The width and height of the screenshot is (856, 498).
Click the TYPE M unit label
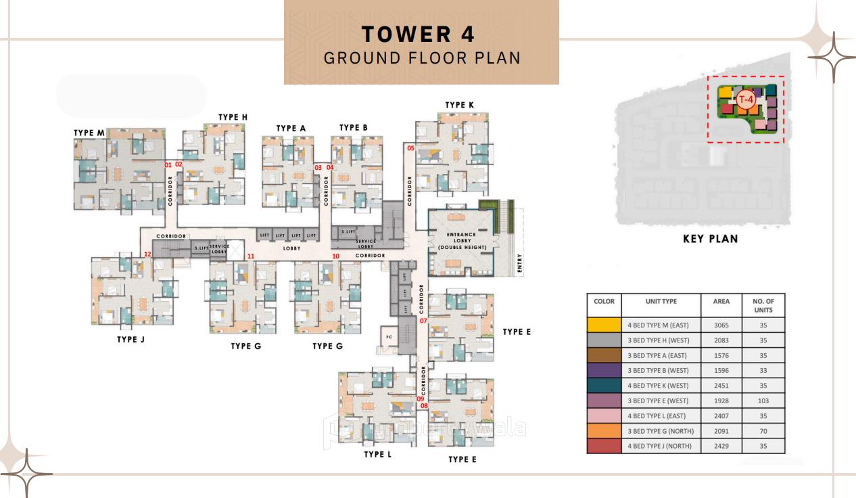pyautogui.click(x=89, y=133)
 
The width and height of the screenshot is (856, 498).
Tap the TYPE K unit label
pyautogui.click(x=459, y=105)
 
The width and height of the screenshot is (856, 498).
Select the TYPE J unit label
pyautogui.click(x=130, y=340)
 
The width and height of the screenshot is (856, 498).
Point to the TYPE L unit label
pyautogui.click(x=377, y=455)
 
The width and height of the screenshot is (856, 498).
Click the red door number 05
pyautogui.click(x=410, y=148)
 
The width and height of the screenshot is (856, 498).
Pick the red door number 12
pyautogui.click(x=147, y=254)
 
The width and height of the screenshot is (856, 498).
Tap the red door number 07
pyautogui.click(x=423, y=321)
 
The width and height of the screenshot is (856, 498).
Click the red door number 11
pyautogui.click(x=251, y=256)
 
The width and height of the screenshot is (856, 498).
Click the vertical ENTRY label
pyautogui.click(x=520, y=263)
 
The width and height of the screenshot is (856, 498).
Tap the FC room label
pyautogui.click(x=389, y=337)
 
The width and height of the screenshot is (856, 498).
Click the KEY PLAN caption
pyautogui.click(x=710, y=239)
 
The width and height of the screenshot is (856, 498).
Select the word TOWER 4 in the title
pyautogui.click(x=419, y=34)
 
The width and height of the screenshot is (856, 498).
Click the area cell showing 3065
pyautogui.click(x=721, y=325)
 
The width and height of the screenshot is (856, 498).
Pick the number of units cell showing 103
pyautogui.click(x=763, y=401)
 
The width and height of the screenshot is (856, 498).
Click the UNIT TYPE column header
pyautogui.click(x=660, y=302)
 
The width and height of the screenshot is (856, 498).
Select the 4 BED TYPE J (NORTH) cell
pyautogui.click(x=660, y=447)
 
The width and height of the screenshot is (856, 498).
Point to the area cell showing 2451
pyautogui.click(x=721, y=386)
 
